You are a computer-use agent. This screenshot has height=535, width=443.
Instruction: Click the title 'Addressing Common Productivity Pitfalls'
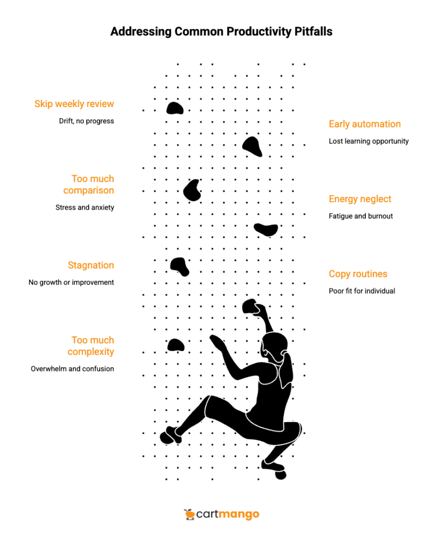click(x=221, y=32)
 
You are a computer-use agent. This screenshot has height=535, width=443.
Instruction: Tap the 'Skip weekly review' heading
click(x=74, y=103)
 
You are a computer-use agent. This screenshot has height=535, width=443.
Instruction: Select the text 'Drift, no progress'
click(x=86, y=121)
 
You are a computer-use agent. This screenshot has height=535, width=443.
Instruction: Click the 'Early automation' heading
click(x=365, y=124)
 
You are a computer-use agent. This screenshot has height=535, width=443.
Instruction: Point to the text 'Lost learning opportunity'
click(x=368, y=141)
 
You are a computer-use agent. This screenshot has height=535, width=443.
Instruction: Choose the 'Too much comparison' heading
click(x=92, y=184)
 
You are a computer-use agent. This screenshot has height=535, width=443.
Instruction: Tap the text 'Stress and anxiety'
click(x=85, y=207)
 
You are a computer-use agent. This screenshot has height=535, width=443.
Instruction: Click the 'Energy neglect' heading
click(x=360, y=199)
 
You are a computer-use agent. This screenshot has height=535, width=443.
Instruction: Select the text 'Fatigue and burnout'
click(x=361, y=216)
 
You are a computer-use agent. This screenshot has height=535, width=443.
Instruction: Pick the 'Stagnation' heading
click(x=91, y=265)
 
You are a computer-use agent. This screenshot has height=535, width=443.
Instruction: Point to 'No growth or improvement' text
click(x=71, y=282)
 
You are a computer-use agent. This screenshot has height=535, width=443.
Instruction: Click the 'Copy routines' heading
click(x=358, y=274)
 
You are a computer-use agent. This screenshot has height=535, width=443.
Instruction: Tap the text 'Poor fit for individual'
click(x=362, y=290)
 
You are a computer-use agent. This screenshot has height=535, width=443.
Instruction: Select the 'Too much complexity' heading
click(x=92, y=346)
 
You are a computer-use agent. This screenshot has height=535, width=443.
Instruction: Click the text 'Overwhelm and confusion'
click(x=72, y=368)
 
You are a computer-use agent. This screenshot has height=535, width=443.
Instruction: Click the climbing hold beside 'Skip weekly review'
click(x=175, y=108)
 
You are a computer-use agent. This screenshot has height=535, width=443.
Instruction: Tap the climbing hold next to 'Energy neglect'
click(x=266, y=229)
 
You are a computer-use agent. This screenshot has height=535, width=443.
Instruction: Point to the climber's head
click(x=275, y=345)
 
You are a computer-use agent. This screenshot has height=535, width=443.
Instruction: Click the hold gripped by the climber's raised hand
click(x=251, y=307)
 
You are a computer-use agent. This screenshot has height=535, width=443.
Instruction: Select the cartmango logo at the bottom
click(x=221, y=515)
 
